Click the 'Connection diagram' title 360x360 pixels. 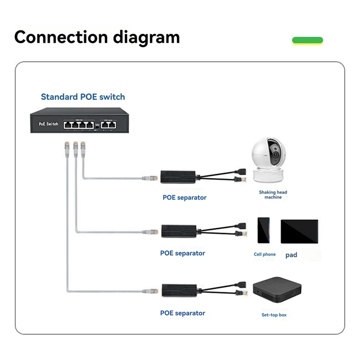(x=97, y=37)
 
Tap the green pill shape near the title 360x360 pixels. (x=308, y=40)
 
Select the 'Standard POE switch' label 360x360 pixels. (x=83, y=97)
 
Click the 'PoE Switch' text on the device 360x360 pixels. (x=49, y=124)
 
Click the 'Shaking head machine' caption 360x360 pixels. (x=273, y=195)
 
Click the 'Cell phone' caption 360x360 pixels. (x=265, y=255)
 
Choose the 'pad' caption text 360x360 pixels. (x=291, y=255)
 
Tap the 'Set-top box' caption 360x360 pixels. (x=274, y=315)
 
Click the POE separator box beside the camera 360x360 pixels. (x=178, y=177)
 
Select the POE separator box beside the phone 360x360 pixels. (x=178, y=230)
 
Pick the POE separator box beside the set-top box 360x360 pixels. (x=178, y=290)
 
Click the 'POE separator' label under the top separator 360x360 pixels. (x=184, y=197)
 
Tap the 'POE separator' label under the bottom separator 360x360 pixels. (x=183, y=313)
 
